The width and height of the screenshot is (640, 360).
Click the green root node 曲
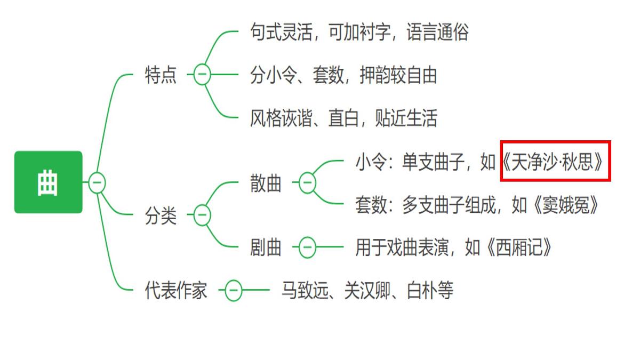point(49,182)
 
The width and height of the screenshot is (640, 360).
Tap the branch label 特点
point(161,75)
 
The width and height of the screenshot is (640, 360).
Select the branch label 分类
point(161,215)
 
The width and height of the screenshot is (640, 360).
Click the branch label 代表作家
point(176,290)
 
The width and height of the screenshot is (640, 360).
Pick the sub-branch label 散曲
point(266,182)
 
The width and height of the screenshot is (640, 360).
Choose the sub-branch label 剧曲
point(266,247)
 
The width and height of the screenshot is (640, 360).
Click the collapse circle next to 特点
point(202,74)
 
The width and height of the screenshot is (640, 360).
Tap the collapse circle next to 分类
point(202,215)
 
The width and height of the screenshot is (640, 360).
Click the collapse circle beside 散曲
point(307,182)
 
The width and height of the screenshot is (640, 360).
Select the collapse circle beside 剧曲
point(307,247)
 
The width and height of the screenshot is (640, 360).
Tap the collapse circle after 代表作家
point(234,290)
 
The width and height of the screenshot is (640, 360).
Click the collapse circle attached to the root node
point(97,182)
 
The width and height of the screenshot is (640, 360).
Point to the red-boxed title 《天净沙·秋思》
point(553,162)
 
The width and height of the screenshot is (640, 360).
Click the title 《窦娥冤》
point(566,205)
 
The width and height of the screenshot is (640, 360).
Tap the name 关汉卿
point(367,290)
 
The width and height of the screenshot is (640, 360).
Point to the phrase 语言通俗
point(437,31)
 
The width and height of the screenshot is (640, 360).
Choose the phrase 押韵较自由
point(398,75)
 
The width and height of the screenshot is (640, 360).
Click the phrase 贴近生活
point(406,118)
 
